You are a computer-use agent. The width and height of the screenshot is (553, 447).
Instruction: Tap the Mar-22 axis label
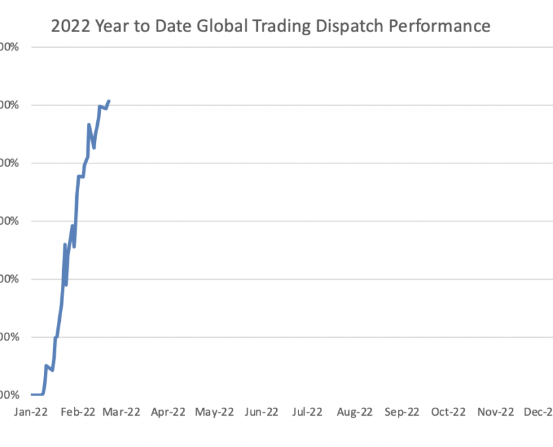click(x=122, y=412)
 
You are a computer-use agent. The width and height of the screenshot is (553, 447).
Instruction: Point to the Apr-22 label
click(x=168, y=412)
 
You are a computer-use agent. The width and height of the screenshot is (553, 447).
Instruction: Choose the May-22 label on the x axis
click(x=215, y=412)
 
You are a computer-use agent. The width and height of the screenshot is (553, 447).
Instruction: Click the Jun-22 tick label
click(x=261, y=412)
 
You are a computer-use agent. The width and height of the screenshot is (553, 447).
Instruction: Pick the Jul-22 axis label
click(x=307, y=412)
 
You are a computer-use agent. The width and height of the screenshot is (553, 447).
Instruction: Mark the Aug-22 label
click(x=354, y=412)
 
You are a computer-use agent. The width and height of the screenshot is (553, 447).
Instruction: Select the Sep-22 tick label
click(x=401, y=412)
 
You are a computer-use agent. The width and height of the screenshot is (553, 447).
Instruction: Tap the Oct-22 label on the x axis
click(x=448, y=412)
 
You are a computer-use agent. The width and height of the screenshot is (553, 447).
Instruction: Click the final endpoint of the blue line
click(x=109, y=101)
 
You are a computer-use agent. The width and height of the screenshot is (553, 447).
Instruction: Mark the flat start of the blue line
click(x=36, y=394)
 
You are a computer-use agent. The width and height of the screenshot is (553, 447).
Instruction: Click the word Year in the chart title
click(x=112, y=26)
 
